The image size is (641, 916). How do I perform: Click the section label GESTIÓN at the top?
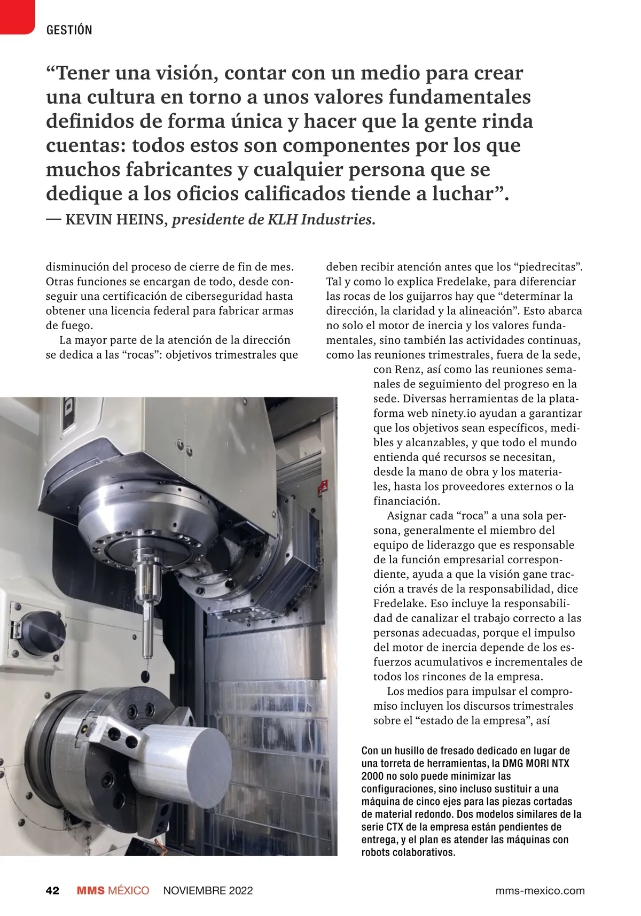coord(69,30)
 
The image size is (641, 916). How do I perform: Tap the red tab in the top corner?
coord(16,16)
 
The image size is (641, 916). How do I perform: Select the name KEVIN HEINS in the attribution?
coord(114,220)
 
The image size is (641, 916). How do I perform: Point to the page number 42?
coord(52,890)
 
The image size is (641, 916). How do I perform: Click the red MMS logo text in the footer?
coord(90,890)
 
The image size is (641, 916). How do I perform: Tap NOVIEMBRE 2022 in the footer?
coord(208,890)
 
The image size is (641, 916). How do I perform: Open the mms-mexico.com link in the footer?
coord(540,890)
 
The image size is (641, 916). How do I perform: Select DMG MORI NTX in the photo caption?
coord(536,763)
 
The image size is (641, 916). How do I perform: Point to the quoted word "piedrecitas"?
coord(548,267)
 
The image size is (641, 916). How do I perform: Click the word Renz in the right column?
coord(409,369)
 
